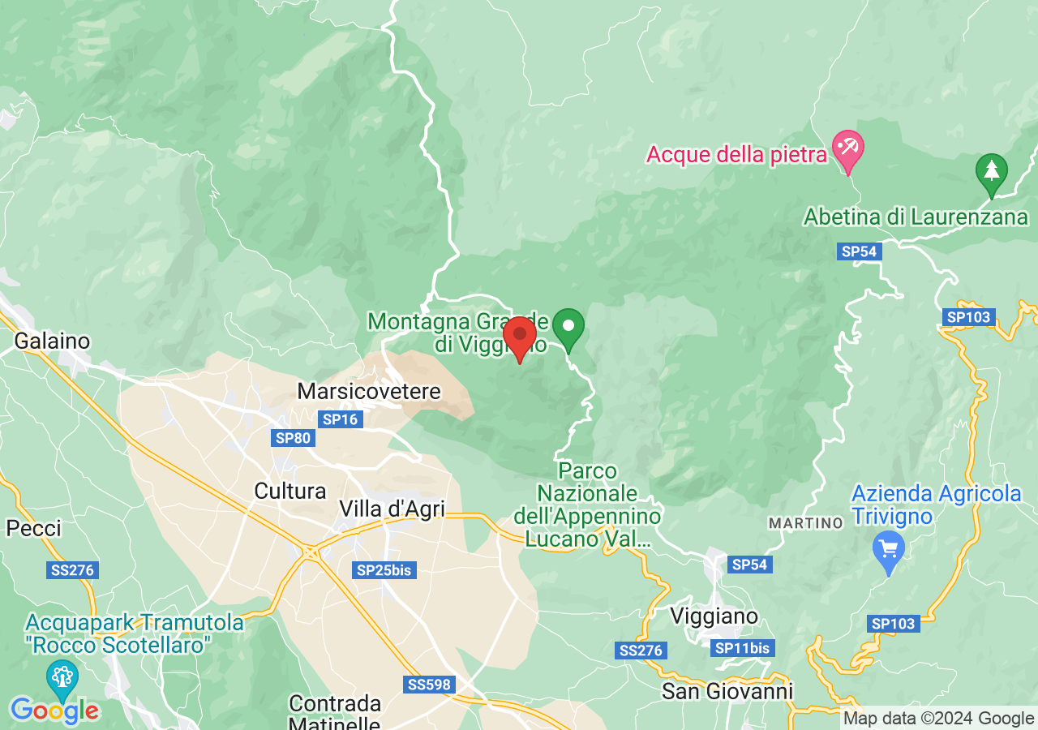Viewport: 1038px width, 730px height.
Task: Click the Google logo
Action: coord(54,711)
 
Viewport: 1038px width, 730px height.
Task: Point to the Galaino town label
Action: coord(52,341)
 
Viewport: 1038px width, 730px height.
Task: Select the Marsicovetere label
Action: coord(369,392)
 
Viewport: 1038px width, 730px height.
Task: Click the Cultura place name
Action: coord(290,491)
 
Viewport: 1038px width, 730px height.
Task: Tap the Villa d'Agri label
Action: coord(392,509)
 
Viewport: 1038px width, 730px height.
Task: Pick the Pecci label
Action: coord(34,529)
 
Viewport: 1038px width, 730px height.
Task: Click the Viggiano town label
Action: coord(714,616)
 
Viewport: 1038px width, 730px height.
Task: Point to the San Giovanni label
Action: coord(727,691)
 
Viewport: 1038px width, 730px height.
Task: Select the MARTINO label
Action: coord(806,523)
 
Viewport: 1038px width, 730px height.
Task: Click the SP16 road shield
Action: coord(341,419)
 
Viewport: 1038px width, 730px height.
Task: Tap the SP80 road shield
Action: coord(293,438)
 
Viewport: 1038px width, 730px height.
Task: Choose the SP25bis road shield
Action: coord(384,570)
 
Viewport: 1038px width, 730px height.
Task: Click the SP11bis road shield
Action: coord(743,648)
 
